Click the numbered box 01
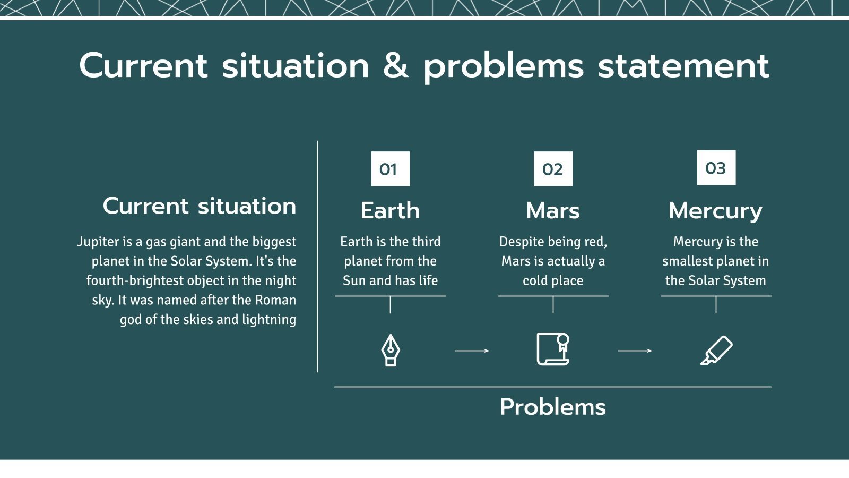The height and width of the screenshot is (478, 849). pyautogui.click(x=390, y=169)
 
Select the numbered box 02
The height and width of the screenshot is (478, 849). pyautogui.click(x=553, y=169)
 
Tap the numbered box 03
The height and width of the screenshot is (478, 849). pyautogui.click(x=716, y=168)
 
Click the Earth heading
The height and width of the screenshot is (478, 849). pyautogui.click(x=390, y=210)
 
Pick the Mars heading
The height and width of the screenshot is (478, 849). pyautogui.click(x=552, y=210)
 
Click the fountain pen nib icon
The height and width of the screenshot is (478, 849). pyautogui.click(x=391, y=350)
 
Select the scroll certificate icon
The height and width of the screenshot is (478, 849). pyautogui.click(x=553, y=349)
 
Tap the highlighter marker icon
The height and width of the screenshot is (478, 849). pyautogui.click(x=716, y=350)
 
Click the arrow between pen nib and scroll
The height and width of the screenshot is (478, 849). pyautogui.click(x=472, y=351)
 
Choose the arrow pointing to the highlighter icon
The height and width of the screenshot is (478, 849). pyautogui.click(x=635, y=351)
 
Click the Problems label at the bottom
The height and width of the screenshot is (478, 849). pyautogui.click(x=552, y=407)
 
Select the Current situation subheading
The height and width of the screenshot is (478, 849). pyautogui.click(x=200, y=206)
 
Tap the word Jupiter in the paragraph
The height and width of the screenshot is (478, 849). pyautogui.click(x=98, y=242)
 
